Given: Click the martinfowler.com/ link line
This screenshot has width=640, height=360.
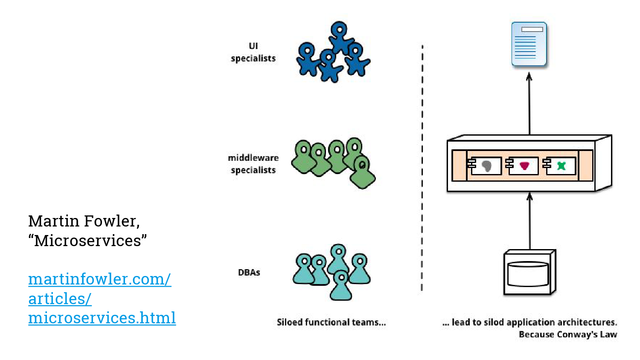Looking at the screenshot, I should pyautogui.click(x=99, y=279).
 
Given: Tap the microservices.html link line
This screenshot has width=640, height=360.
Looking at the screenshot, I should pyautogui.click(x=102, y=318).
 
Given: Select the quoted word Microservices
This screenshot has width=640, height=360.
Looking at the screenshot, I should pyautogui.click(x=87, y=241).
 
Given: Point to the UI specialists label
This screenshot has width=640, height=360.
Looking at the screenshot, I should pyautogui.click(x=253, y=52).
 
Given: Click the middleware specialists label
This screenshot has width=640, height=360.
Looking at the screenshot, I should pyautogui.click(x=253, y=164).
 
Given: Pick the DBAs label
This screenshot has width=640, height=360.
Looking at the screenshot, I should pyautogui.click(x=249, y=273).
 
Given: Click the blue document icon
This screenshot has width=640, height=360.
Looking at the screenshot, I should pyautogui.click(x=529, y=44).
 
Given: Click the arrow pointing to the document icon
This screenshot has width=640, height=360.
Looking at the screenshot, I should pyautogui.click(x=529, y=105).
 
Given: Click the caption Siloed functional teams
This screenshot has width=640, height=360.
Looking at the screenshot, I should pyautogui.click(x=331, y=322).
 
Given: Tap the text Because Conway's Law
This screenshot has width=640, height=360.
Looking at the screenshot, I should pyautogui.click(x=567, y=334).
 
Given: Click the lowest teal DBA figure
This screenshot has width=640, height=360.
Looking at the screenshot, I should pyautogui.click(x=341, y=285).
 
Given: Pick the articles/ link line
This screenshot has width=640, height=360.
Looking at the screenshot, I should pyautogui.click(x=60, y=299).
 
